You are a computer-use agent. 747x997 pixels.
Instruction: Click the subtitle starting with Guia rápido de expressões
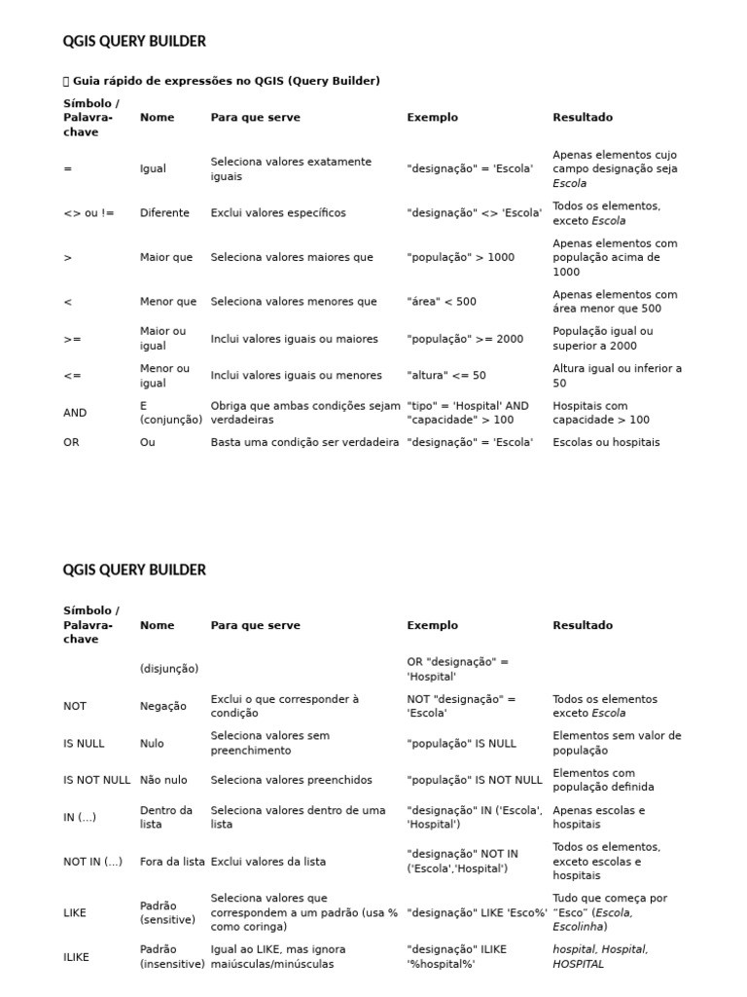click(226, 81)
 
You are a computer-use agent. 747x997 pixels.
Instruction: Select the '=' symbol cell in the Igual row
click(67, 168)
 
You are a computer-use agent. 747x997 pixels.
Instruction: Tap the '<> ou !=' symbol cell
click(89, 213)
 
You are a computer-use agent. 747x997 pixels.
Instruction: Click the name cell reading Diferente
click(164, 213)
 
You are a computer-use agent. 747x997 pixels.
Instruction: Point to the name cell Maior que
click(166, 258)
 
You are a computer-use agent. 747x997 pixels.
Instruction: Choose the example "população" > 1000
click(461, 258)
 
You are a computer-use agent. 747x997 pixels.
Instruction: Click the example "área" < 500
click(442, 302)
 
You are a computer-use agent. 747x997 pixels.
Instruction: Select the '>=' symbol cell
click(72, 339)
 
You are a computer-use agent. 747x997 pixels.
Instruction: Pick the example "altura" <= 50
click(446, 376)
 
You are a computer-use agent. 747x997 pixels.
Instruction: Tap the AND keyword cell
click(75, 413)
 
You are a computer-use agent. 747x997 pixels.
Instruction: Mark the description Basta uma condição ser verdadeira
click(304, 442)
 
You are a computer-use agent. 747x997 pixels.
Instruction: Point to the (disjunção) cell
click(169, 669)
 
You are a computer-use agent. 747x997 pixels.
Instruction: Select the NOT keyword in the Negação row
click(75, 706)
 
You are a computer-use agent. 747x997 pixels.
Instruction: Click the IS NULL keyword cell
click(84, 743)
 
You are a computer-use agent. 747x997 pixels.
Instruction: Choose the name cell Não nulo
click(167, 780)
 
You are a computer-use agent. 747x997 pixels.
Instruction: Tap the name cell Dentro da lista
click(166, 817)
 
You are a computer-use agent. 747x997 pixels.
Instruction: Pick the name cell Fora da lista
click(172, 862)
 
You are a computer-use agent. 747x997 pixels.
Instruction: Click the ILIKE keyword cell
click(76, 957)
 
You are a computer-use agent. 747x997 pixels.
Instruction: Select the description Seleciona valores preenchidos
click(292, 780)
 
